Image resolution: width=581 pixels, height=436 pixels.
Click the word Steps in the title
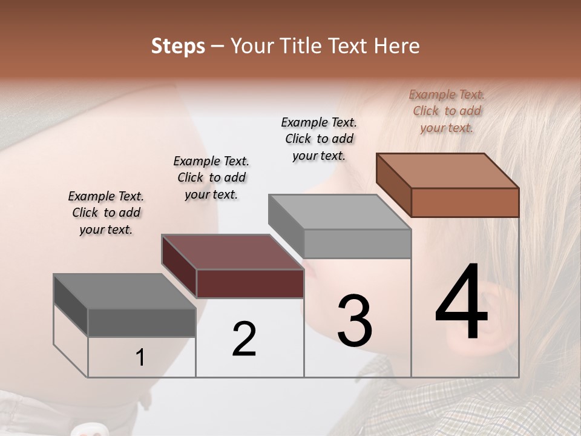[x=178, y=46]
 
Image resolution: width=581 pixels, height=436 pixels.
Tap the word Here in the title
[x=396, y=46]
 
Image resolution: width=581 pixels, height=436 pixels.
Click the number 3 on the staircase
[x=355, y=321]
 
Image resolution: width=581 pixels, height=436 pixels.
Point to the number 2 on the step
[x=245, y=339]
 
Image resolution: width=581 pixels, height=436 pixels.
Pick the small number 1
[x=140, y=358]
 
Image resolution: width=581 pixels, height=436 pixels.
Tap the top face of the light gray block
[x=340, y=212]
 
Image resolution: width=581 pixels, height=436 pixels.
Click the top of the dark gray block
[x=125, y=291]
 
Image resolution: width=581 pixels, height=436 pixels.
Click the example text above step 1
[x=106, y=213]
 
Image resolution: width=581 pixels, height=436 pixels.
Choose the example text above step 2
[x=211, y=177]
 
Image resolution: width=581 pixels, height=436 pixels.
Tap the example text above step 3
[x=319, y=139]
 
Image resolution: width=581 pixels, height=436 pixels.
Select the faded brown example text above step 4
[x=447, y=111]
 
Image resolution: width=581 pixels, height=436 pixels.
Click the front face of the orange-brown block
[x=465, y=202]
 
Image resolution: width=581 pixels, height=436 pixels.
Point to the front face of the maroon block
[x=250, y=283]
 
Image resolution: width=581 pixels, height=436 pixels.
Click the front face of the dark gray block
[x=142, y=322]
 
